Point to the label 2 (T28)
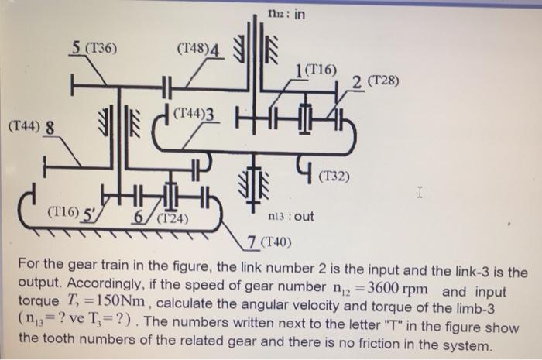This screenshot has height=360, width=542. click(x=375, y=81)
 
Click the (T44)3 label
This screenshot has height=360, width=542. click(x=199, y=115)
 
